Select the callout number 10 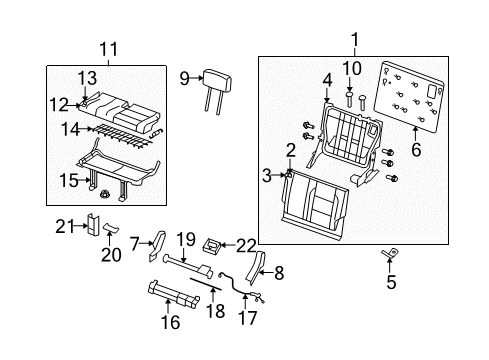(350, 68)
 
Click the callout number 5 (391, 281)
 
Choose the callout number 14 (67, 129)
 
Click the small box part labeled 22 (212, 243)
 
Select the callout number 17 (247, 318)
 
